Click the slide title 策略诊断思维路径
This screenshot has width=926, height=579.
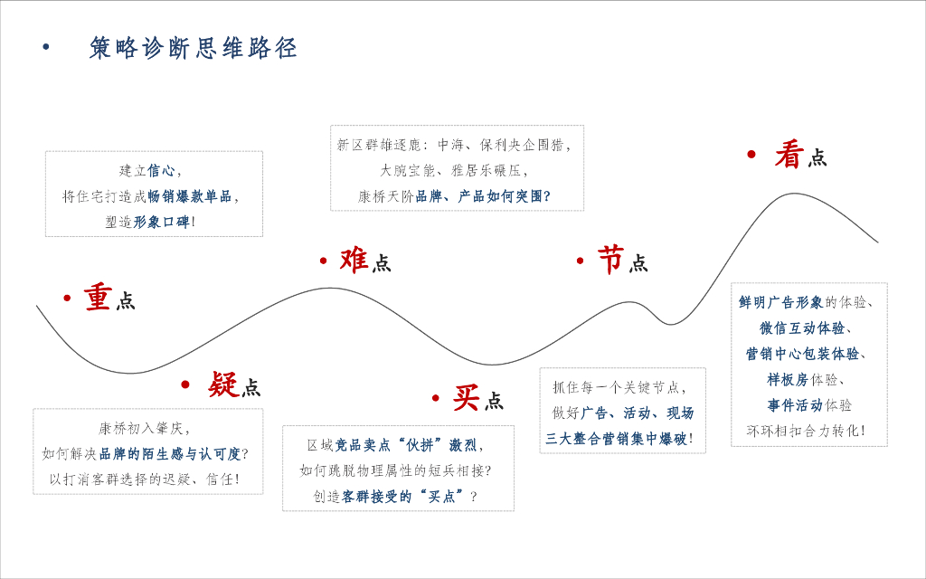coord(193,48)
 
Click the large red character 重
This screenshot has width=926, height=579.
coord(98,297)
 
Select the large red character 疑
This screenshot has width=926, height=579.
coord(222,384)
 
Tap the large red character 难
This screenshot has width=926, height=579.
coord(354,260)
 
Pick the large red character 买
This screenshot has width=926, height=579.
coord(466,397)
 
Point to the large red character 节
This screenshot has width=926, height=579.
coord(610,260)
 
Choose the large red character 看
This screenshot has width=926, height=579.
coord(789,155)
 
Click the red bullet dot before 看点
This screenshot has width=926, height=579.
coord(751,155)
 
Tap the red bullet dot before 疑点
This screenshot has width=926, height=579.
coord(185,384)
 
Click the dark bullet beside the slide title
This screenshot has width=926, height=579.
coord(46,48)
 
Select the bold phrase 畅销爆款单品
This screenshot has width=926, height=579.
coord(189,195)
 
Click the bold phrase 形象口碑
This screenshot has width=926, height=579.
coord(162,221)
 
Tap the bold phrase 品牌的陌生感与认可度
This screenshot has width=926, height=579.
coord(170,453)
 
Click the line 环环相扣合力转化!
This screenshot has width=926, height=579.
coord(806,431)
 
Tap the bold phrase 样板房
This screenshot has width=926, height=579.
coord(788,379)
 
